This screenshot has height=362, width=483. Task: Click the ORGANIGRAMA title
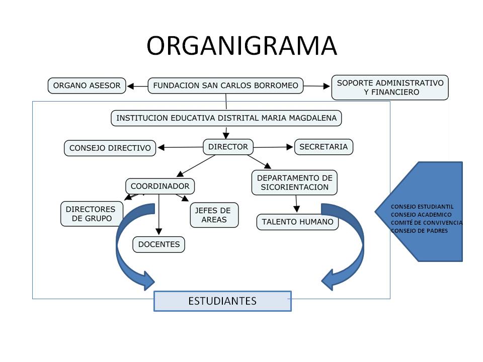click(x=242, y=46)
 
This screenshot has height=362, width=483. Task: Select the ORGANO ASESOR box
click(x=87, y=85)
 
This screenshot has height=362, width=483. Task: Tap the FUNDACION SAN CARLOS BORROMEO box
click(x=225, y=85)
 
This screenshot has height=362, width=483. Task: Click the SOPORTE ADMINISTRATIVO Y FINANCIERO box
click(x=390, y=87)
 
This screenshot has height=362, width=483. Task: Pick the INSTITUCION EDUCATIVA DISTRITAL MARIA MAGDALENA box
click(x=226, y=118)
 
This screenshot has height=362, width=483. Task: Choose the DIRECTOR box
click(x=228, y=147)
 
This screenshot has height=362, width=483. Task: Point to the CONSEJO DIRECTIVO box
click(x=110, y=148)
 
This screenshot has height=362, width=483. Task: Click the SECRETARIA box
click(x=324, y=147)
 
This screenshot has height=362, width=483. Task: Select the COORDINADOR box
click(x=160, y=186)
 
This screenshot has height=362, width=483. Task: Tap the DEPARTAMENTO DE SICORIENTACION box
click(x=294, y=183)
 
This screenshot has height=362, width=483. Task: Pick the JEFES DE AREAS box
click(x=214, y=215)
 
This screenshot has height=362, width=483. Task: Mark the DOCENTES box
click(x=159, y=244)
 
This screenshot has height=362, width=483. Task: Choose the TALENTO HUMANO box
click(x=297, y=222)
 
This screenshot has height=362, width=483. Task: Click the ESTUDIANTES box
click(x=222, y=301)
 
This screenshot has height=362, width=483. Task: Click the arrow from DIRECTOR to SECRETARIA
click(x=273, y=147)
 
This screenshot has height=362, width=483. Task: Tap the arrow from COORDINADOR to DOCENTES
click(x=159, y=214)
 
